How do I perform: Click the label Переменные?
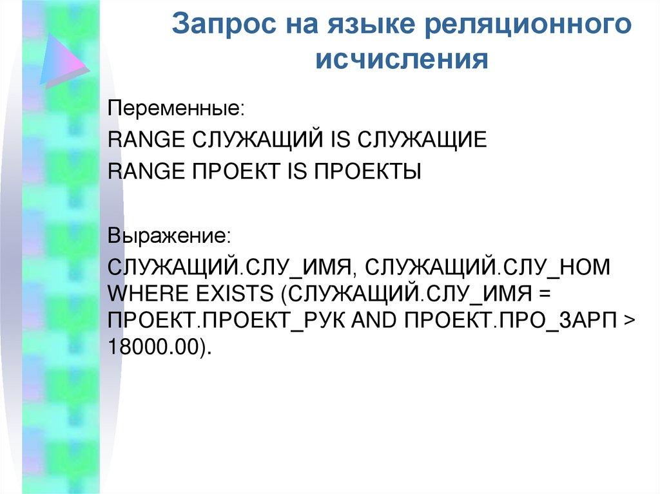click(176, 107)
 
